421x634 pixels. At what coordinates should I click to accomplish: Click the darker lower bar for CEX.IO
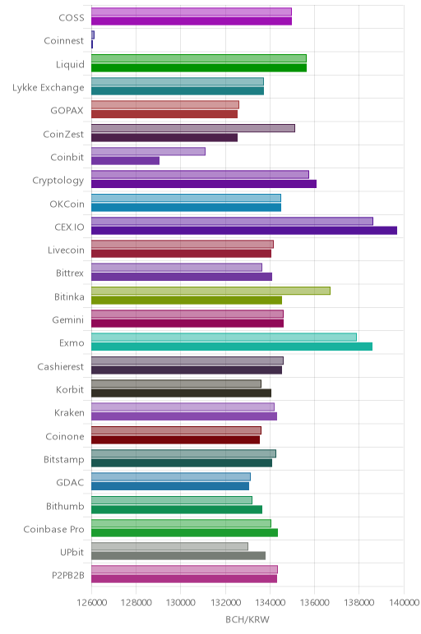[x=244, y=231]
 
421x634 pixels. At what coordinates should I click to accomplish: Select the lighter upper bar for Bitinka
[x=210, y=291]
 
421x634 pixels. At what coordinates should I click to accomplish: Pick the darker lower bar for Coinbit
[x=126, y=160]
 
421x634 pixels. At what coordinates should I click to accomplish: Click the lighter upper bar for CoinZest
[x=193, y=128]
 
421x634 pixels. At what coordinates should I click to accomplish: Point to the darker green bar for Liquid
[x=199, y=67]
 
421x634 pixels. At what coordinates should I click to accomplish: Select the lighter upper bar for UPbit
[x=169, y=547]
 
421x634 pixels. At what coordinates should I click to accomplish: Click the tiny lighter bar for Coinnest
[x=93, y=35]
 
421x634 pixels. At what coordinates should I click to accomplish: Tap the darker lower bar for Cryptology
[x=204, y=184]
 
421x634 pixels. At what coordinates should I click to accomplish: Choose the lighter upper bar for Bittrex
[x=177, y=267]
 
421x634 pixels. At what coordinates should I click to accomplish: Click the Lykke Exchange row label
[x=49, y=88]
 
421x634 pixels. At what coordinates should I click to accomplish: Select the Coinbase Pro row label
[x=53, y=529]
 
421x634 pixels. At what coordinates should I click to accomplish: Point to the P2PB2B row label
[x=68, y=576]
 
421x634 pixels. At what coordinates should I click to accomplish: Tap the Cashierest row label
[x=61, y=367]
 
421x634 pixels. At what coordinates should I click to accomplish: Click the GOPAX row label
[x=67, y=110]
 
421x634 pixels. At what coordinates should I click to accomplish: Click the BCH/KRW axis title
[x=248, y=619]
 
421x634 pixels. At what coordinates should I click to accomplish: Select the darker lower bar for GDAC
[x=170, y=486]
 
